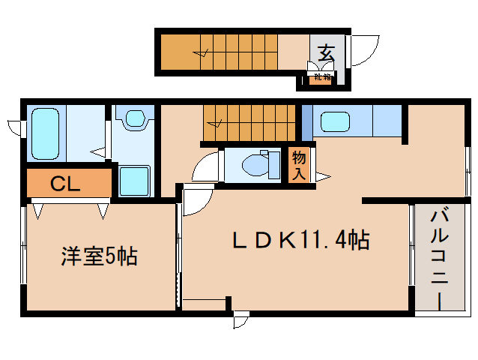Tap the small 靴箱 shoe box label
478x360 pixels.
tap(321, 76)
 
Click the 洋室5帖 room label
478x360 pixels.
tap(97, 257)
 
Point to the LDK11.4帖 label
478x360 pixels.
tap(299, 241)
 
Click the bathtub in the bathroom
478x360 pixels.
tap(46, 133)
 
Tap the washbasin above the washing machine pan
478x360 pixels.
tap(135, 118)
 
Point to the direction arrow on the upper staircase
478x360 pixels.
tap(201, 52)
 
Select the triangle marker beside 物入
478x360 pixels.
tap(321, 177)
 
